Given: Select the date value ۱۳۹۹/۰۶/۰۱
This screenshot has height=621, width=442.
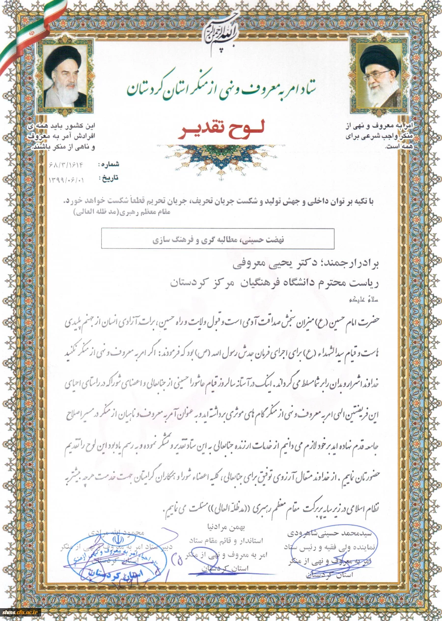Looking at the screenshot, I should click(x=67, y=180).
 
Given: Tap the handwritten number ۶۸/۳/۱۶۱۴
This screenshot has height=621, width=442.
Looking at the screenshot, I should click(x=69, y=163).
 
